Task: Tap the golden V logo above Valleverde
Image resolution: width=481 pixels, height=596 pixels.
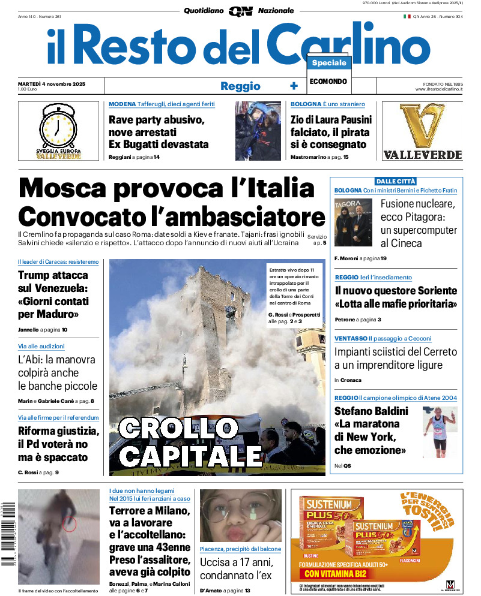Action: tap(422, 127)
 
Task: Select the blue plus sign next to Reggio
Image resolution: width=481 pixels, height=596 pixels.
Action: tap(294, 86)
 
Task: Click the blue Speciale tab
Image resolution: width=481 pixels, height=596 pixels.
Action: tap(329, 63)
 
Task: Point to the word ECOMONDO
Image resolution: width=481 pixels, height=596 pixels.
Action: tap(328, 82)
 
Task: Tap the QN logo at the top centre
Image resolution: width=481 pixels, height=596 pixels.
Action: tap(240, 11)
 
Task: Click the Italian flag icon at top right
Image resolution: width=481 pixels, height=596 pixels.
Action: tap(407, 16)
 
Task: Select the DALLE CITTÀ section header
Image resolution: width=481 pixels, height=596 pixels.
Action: tap(396, 181)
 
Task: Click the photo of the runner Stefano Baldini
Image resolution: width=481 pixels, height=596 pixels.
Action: tap(440, 432)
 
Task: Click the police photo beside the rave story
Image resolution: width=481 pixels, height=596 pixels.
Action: tap(258, 131)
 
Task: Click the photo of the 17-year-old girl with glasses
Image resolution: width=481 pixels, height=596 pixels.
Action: tap(240, 516)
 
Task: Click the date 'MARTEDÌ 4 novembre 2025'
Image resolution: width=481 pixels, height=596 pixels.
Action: tap(52, 83)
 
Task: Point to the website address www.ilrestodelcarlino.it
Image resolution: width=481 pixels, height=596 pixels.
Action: tap(438, 89)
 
